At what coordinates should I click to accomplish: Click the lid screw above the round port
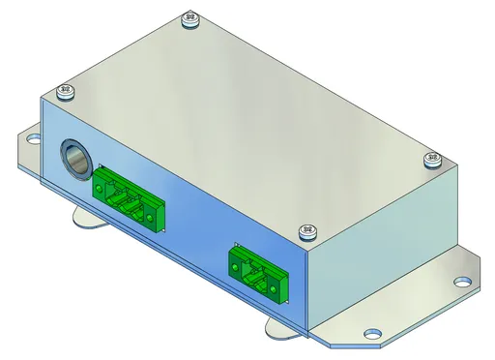(x=66, y=94)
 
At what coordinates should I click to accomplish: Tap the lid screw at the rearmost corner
(x=189, y=18)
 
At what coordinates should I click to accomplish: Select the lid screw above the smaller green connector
(x=308, y=230)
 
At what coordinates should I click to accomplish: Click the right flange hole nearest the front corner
(x=370, y=336)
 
